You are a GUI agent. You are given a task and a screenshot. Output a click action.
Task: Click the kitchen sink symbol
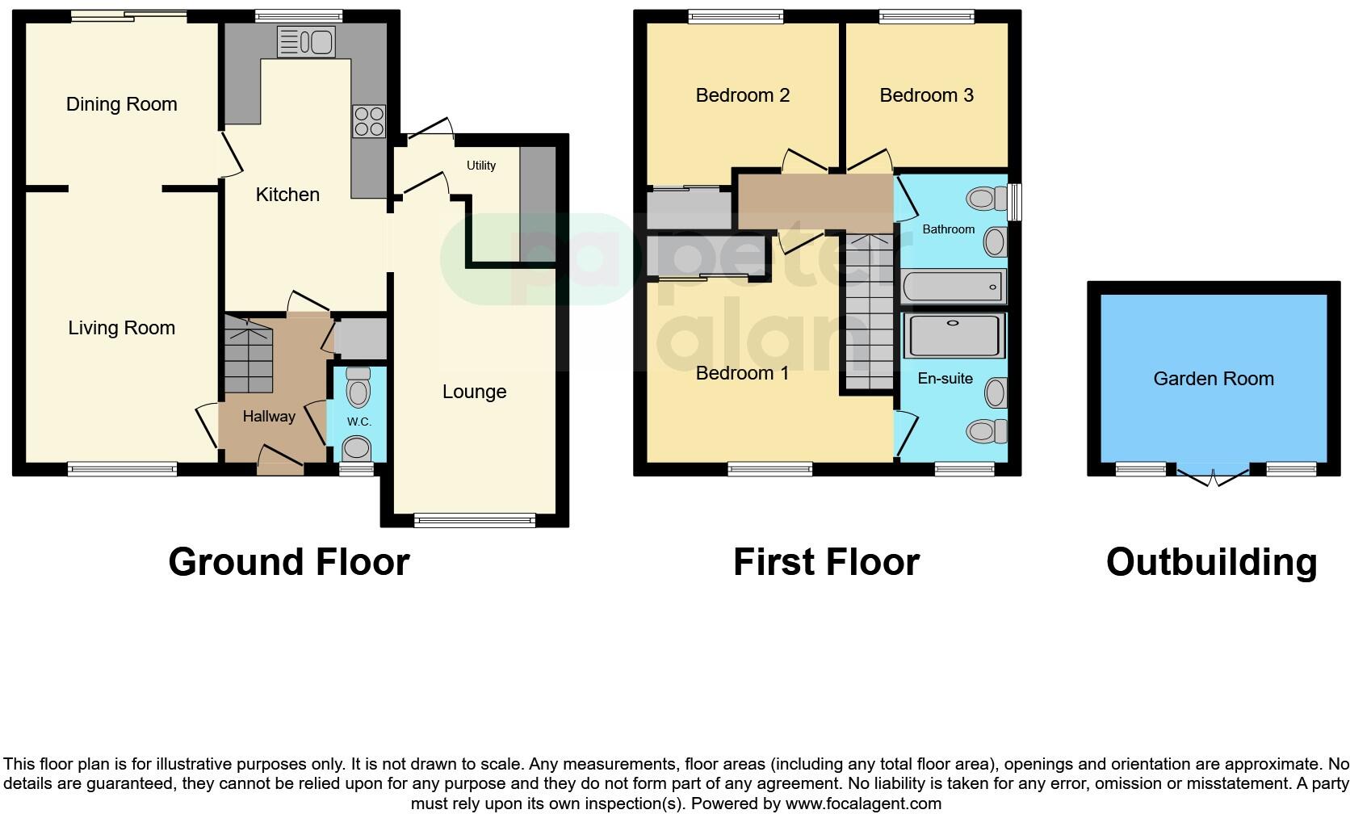tap(305, 41)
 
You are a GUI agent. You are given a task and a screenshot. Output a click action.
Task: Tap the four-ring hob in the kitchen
tap(369, 121)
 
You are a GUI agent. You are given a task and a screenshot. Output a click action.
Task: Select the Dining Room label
tap(121, 104)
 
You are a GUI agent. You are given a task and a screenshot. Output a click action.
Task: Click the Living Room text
tap(121, 328)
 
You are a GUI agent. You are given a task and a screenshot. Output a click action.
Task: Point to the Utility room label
tap(481, 166)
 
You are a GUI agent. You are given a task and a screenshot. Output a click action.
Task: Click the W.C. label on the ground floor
tap(359, 422)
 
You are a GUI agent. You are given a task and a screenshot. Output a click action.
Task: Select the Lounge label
tap(474, 392)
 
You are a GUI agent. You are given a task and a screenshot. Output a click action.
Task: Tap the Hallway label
tap(269, 417)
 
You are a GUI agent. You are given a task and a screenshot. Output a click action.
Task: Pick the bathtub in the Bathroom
tap(953, 286)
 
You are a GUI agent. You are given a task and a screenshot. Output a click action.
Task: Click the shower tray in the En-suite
tap(953, 336)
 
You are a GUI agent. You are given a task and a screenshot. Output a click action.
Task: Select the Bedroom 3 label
tap(926, 95)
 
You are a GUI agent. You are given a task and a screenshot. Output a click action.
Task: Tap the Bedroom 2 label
tap(742, 95)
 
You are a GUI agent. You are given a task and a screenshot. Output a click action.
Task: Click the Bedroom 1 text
tap(742, 373)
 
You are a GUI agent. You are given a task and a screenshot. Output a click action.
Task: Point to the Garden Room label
tap(1213, 379)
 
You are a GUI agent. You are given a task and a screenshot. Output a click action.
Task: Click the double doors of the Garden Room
tap(1214, 476)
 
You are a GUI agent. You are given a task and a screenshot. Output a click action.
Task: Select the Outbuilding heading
tap(1211, 562)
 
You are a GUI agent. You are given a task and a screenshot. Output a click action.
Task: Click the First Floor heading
tap(826, 562)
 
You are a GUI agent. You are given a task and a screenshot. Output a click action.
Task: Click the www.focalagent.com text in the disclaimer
tap(862, 804)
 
